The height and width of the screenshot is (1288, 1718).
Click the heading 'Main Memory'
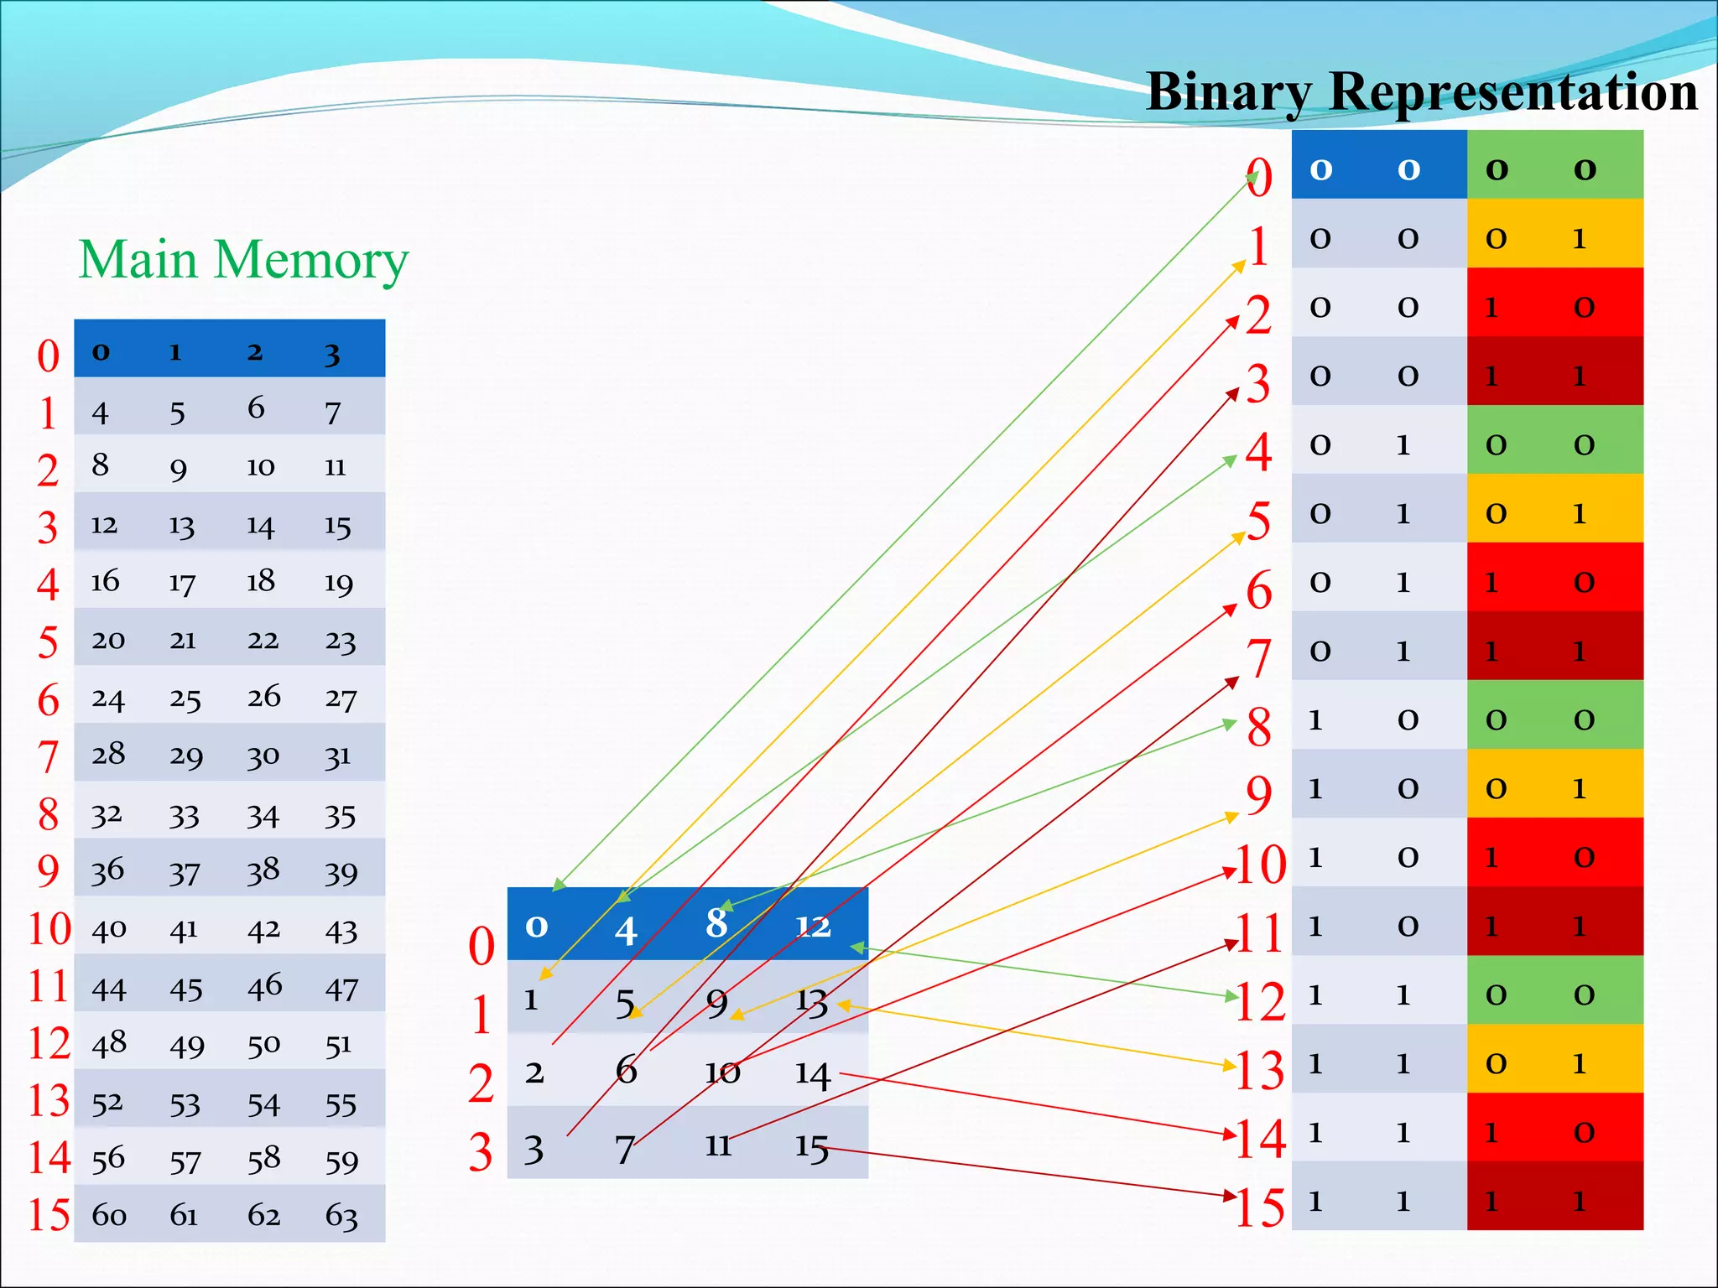coord(243,260)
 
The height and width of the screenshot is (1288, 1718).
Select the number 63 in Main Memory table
coord(341,1215)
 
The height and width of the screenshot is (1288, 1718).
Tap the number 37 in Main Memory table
coord(185,874)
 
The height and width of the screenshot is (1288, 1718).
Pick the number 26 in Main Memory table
coord(263,696)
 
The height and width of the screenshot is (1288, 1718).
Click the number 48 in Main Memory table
coord(109,1042)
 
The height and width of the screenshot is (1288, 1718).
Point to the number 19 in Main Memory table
coord(339,582)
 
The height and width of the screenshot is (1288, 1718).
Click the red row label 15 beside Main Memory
coord(49,1214)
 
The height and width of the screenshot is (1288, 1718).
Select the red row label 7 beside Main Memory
coord(49,757)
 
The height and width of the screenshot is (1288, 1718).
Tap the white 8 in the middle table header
coord(716,923)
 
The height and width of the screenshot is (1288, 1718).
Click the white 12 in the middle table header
coord(813,926)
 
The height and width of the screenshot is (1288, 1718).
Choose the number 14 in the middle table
coord(812,1074)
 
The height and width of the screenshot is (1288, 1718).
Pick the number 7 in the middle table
coord(624,1149)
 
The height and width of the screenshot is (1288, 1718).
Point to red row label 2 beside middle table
coord(482,1083)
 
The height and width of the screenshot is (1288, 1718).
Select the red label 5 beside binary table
coord(1258,521)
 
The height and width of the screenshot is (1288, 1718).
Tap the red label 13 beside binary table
coord(1260,1070)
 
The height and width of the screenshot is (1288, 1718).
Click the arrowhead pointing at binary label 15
coord(1231,1195)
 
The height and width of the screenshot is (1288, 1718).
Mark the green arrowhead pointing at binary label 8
coord(1231,724)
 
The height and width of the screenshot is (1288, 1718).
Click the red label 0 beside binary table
coord(1259,178)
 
